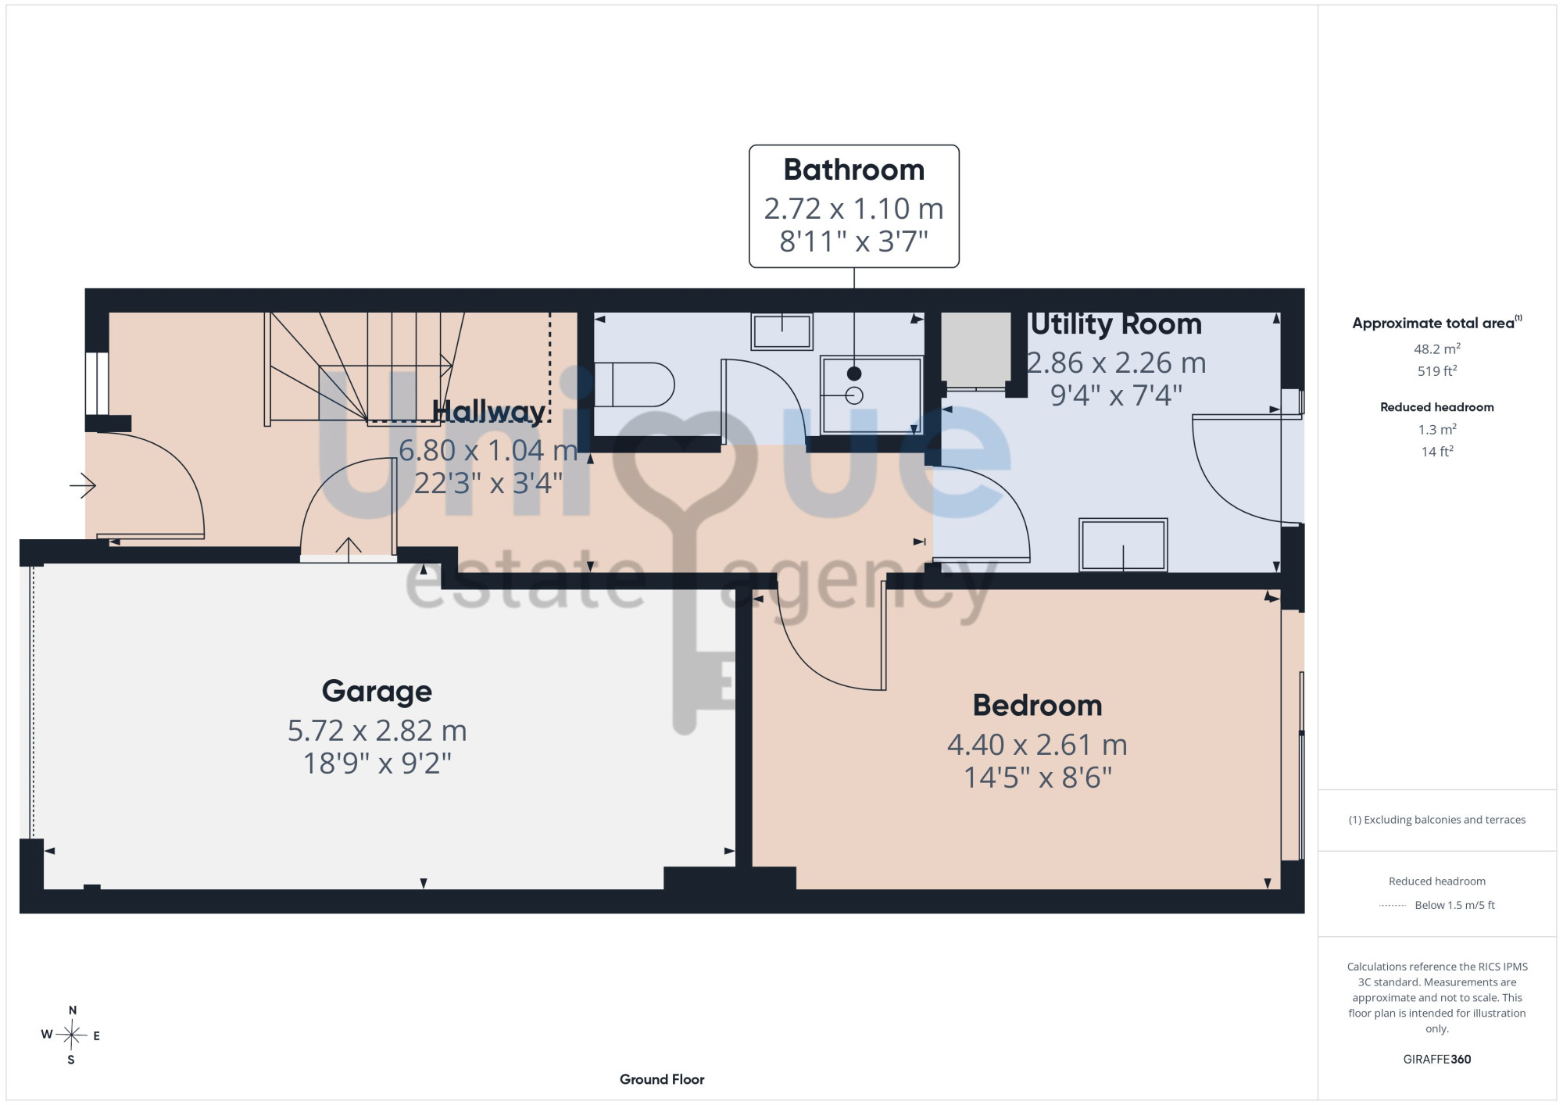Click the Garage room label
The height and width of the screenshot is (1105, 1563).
click(377, 692)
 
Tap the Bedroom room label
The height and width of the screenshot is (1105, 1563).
click(1037, 705)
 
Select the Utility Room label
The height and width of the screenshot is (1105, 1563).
click(1116, 324)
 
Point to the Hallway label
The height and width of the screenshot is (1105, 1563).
click(488, 412)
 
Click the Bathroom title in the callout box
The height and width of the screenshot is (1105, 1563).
click(853, 170)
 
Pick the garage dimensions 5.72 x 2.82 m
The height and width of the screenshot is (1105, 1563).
click(377, 731)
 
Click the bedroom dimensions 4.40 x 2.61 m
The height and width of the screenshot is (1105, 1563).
click(1037, 745)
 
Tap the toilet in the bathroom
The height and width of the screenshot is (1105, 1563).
click(634, 384)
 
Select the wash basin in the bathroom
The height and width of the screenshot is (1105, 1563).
click(781, 331)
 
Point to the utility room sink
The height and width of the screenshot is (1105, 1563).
click(1123, 545)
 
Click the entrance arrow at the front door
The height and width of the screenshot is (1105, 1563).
click(83, 485)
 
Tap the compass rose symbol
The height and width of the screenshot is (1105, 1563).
click(71, 1035)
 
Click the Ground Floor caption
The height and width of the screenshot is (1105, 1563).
click(662, 1079)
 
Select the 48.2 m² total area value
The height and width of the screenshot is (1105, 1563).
click(1436, 349)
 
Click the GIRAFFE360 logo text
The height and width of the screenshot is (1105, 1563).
click(1436, 1060)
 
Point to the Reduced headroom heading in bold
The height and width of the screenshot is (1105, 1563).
click(1436, 407)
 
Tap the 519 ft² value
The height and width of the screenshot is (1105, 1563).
click(1436, 370)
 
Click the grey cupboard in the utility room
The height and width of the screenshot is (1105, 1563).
click(975, 349)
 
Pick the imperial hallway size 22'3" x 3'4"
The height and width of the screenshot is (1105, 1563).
click(488, 483)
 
